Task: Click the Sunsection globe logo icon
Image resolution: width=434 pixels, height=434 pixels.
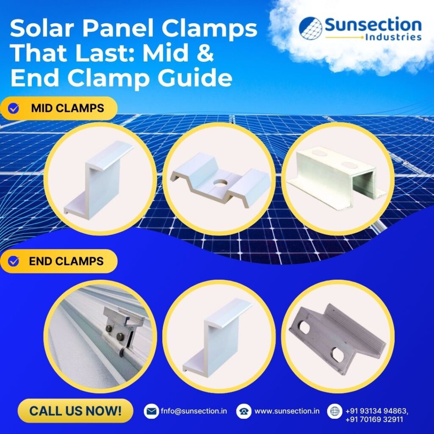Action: (x=310, y=28)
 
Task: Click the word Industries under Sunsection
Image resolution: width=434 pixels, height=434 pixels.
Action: (x=393, y=37)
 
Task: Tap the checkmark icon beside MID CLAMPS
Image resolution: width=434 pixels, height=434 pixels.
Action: (x=14, y=108)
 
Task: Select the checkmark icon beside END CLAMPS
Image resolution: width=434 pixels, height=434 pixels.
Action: (x=14, y=261)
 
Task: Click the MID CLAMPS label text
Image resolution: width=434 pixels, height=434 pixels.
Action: (x=67, y=108)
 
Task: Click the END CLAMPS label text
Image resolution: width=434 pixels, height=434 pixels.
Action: (x=66, y=261)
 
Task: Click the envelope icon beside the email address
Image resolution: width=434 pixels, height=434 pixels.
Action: (x=151, y=411)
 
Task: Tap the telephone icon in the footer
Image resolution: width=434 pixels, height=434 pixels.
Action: (x=244, y=411)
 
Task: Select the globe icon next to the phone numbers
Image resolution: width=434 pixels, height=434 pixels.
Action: (x=334, y=411)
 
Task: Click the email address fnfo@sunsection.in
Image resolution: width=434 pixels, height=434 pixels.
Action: (x=194, y=411)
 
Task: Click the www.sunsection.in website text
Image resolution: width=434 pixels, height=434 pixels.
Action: (x=287, y=411)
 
